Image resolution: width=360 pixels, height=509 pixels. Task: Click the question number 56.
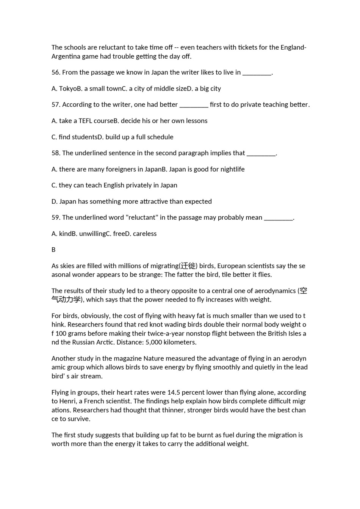(56, 72)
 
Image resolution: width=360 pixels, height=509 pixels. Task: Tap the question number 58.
(56, 153)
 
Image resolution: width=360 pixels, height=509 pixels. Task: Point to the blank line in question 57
(194, 105)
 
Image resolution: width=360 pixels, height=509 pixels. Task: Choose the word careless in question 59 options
(145, 234)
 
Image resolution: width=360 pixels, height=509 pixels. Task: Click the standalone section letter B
(53, 250)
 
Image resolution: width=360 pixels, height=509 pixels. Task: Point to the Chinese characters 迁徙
(188, 266)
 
